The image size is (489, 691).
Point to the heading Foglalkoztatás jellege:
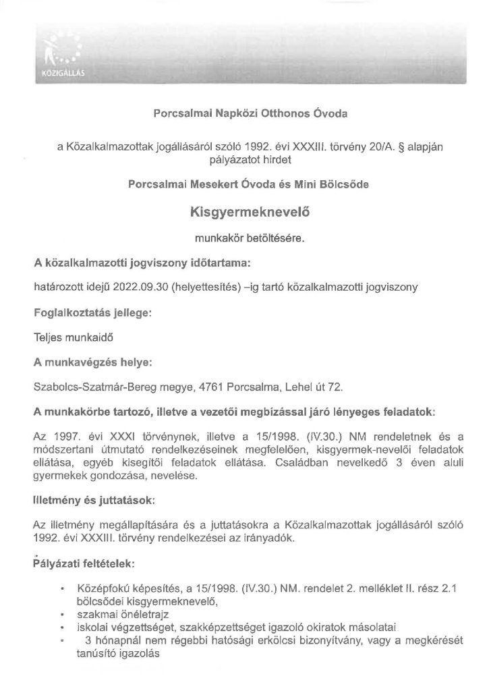[x=92, y=314]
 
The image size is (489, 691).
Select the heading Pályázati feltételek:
[x=86, y=561]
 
